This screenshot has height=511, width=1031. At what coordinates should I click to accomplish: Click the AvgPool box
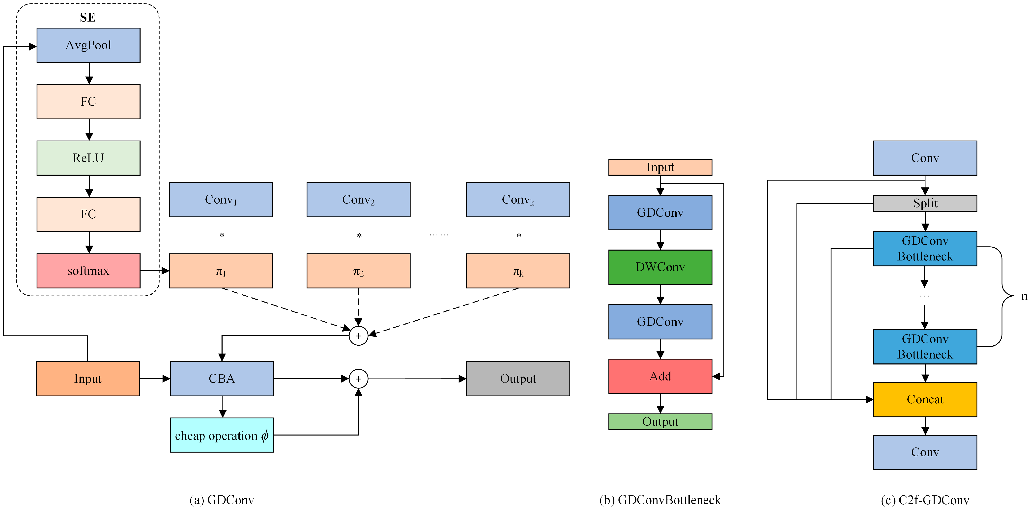(x=88, y=45)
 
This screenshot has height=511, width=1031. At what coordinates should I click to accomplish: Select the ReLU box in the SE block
(x=88, y=158)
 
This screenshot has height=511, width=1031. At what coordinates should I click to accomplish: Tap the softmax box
(x=88, y=271)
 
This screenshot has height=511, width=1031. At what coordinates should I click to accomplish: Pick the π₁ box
(x=221, y=271)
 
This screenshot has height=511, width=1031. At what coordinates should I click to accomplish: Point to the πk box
(x=518, y=271)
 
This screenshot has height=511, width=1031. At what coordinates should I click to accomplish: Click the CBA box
(x=222, y=379)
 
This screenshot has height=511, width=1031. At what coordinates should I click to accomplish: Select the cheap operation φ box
(x=222, y=435)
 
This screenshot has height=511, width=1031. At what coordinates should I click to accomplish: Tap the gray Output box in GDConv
(x=518, y=379)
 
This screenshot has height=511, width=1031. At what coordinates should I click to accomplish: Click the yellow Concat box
(x=925, y=399)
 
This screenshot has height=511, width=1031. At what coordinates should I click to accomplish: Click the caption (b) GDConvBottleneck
(x=660, y=500)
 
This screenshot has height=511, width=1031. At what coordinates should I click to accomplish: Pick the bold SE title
(x=88, y=17)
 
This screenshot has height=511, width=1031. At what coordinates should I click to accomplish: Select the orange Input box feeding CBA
(x=88, y=379)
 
